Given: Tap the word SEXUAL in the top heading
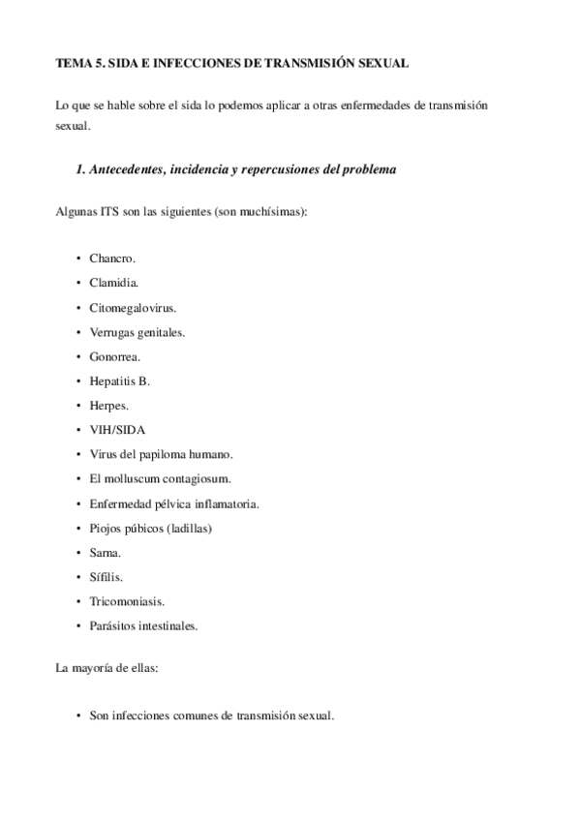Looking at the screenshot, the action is click(x=383, y=62).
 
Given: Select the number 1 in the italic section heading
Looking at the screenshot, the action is click(x=78, y=169).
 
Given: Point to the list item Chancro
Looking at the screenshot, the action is click(x=112, y=258).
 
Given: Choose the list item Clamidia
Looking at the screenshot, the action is click(x=114, y=283).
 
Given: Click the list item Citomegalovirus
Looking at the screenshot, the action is click(x=133, y=308).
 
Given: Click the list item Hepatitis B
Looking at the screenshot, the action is click(x=119, y=381).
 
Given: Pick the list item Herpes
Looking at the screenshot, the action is click(x=108, y=406).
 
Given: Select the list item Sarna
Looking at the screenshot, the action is click(x=106, y=552).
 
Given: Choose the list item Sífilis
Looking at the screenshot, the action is click(x=107, y=576).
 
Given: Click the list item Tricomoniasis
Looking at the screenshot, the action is click(x=127, y=601).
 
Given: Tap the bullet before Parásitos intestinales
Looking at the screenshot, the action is click(x=77, y=625).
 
